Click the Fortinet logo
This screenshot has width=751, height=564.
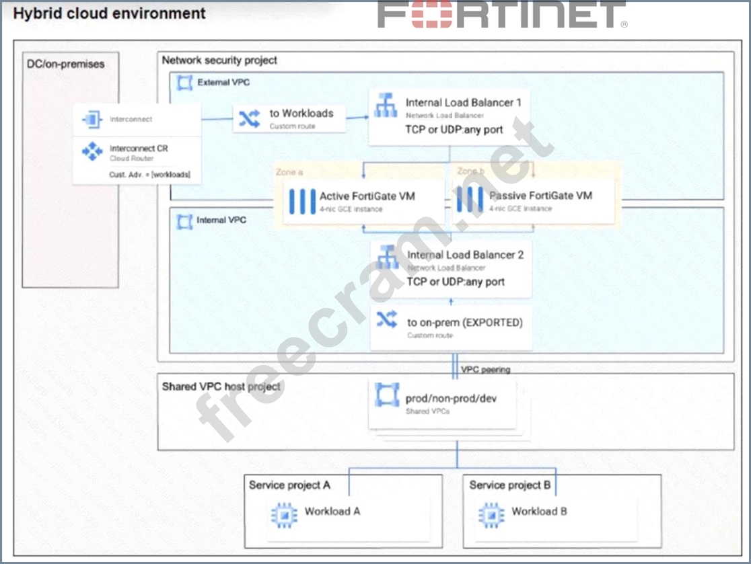502,15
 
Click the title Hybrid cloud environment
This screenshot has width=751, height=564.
110,13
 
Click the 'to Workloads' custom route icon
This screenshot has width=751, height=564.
249,118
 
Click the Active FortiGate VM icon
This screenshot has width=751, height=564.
302,201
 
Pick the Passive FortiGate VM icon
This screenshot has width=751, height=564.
470,200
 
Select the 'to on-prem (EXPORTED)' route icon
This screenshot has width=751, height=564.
387,321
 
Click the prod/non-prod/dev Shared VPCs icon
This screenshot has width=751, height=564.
387,395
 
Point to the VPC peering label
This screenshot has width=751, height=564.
486,370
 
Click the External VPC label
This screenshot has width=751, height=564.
223,83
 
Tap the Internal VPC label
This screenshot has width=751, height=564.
221,220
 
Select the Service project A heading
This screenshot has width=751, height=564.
289,485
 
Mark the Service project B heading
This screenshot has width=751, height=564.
510,485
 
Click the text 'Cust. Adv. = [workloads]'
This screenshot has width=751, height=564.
149,175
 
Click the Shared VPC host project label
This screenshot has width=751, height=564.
221,387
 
